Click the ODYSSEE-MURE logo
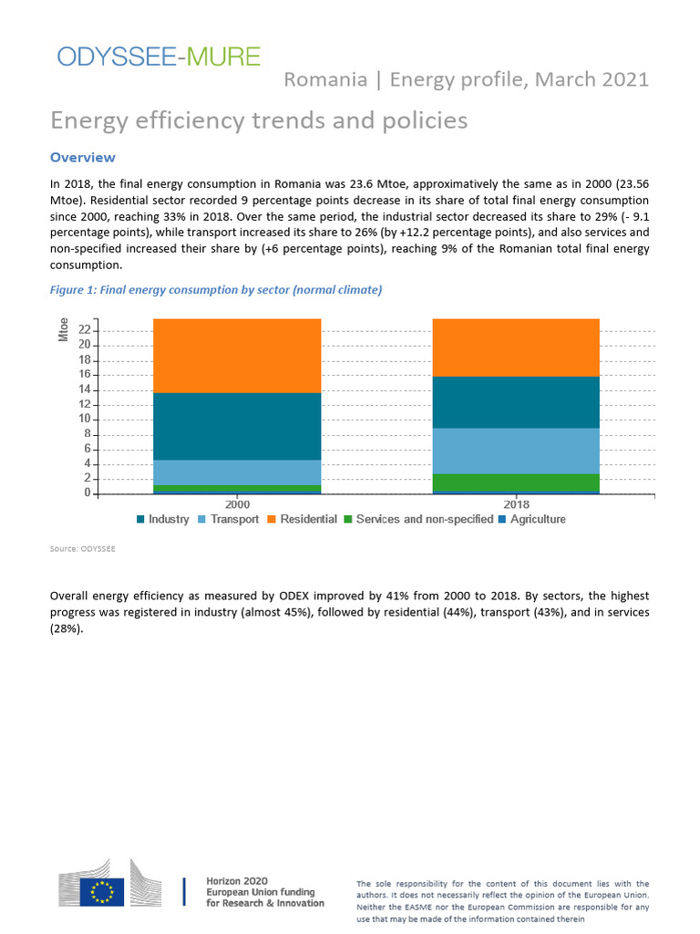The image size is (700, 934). click(159, 57)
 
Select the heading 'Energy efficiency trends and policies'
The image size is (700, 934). click(259, 120)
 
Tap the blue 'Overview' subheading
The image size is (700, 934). click(82, 158)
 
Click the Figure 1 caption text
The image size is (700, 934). click(216, 290)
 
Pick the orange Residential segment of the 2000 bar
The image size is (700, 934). click(237, 356)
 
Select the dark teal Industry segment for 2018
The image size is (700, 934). click(515, 402)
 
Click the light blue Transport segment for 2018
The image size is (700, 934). click(515, 451)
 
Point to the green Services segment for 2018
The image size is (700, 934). click(515, 482)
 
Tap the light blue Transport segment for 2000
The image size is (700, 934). click(237, 472)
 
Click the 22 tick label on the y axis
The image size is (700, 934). click(84, 330)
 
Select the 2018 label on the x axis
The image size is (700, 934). click(516, 503)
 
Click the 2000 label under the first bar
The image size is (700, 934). click(237, 503)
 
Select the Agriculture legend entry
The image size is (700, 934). click(537, 520)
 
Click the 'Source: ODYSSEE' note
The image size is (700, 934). click(82, 549)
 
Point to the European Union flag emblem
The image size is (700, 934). click(102, 891)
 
